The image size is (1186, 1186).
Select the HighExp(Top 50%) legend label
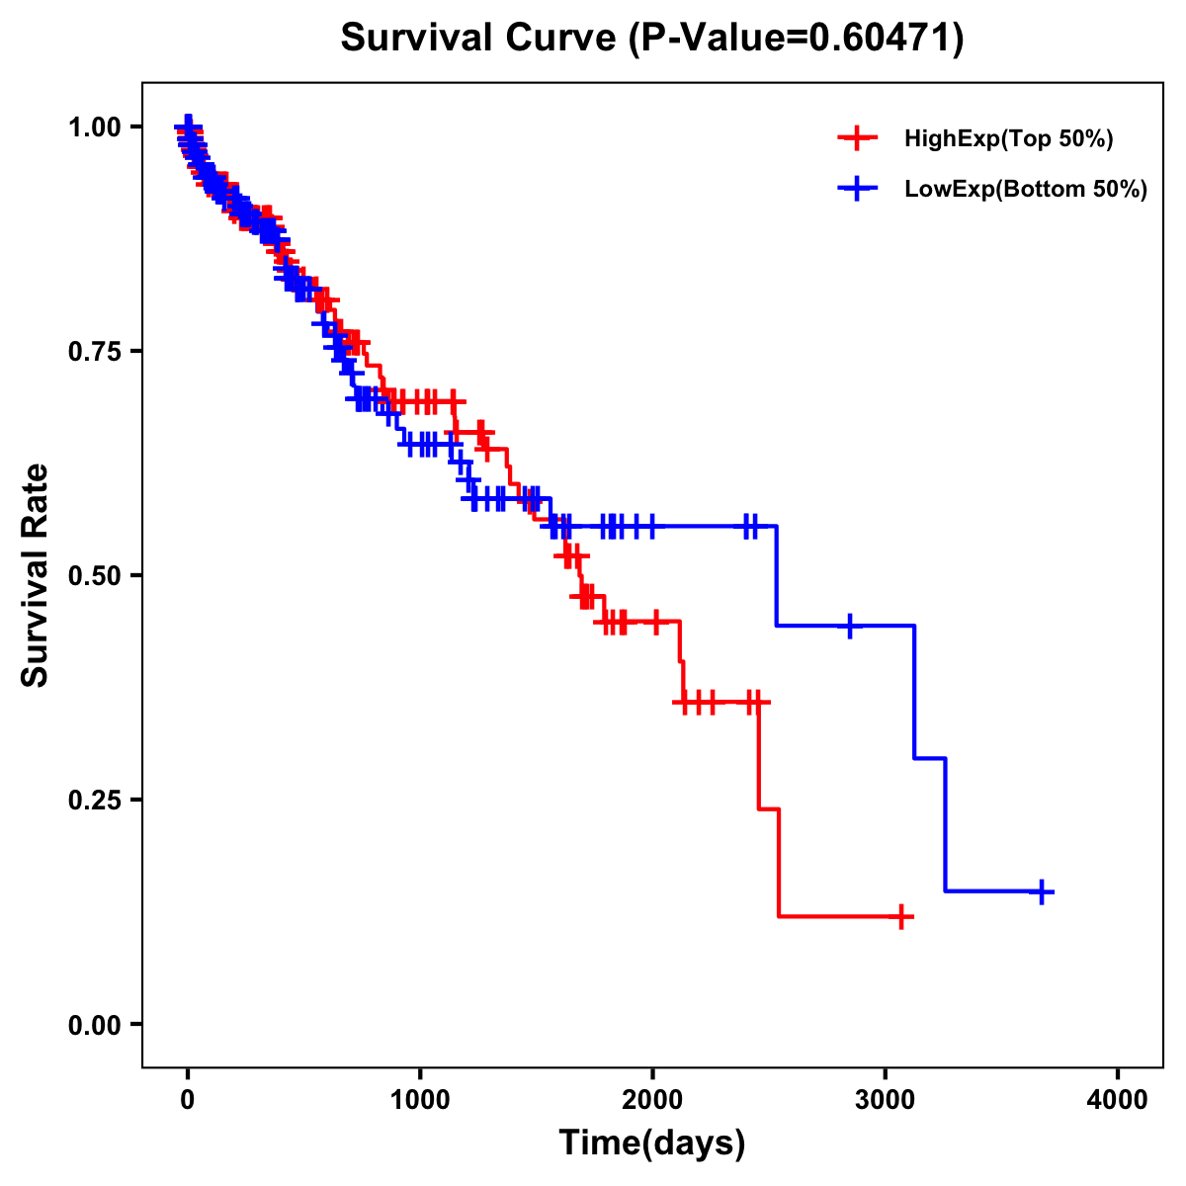click(x=1009, y=139)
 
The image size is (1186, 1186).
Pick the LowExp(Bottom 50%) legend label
click(x=1026, y=189)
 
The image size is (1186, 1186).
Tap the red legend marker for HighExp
click(x=857, y=138)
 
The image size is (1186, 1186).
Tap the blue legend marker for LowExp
click(x=857, y=188)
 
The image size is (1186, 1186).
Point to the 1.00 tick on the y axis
click(x=93, y=127)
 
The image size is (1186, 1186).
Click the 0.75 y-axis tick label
click(x=93, y=351)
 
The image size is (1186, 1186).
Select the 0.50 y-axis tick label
click(x=93, y=575)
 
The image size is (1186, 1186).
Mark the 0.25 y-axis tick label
click(x=93, y=800)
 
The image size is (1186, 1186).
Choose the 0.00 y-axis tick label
click(x=93, y=1024)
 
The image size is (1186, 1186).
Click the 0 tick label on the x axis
click(x=188, y=1101)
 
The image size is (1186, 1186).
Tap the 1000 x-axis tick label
click(x=420, y=1101)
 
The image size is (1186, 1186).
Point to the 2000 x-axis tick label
click(x=652, y=1101)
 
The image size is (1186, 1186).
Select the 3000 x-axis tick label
click(x=886, y=1101)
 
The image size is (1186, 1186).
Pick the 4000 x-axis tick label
click(x=1118, y=1101)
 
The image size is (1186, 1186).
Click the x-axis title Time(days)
click(x=652, y=1144)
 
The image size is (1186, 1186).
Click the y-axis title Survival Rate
click(x=36, y=575)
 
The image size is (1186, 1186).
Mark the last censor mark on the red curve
click(x=900, y=917)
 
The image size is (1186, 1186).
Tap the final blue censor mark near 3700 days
click(x=1041, y=891)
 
